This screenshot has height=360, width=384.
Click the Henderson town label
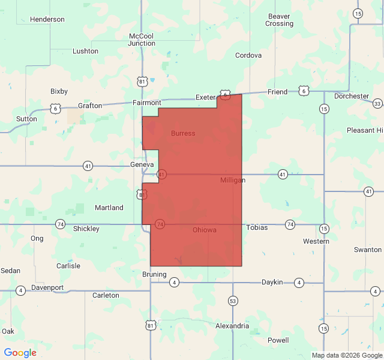(x=47, y=19)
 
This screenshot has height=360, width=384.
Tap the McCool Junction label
(x=142, y=40)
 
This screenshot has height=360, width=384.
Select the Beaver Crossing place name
(x=280, y=20)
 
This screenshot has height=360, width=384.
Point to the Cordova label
(x=248, y=55)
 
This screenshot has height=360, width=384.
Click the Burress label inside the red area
(x=183, y=133)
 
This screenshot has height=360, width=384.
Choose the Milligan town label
(x=233, y=180)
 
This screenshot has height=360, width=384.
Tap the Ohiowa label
(x=205, y=230)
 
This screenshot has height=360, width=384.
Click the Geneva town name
(x=142, y=164)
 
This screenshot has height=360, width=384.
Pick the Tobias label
(x=257, y=227)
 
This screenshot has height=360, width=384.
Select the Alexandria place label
(x=232, y=326)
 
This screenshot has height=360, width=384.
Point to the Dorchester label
(x=352, y=96)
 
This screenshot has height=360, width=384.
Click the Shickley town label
(x=86, y=229)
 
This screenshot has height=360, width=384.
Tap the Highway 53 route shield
(x=233, y=301)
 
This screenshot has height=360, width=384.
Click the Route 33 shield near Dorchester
(x=377, y=104)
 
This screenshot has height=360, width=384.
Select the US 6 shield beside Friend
(x=304, y=91)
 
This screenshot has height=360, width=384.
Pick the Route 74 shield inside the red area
(x=160, y=224)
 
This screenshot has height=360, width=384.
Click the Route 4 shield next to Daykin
(x=299, y=282)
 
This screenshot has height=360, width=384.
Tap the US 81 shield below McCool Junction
(x=142, y=81)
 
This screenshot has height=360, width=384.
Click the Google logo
(x=20, y=353)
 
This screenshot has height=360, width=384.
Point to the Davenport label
(x=47, y=287)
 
